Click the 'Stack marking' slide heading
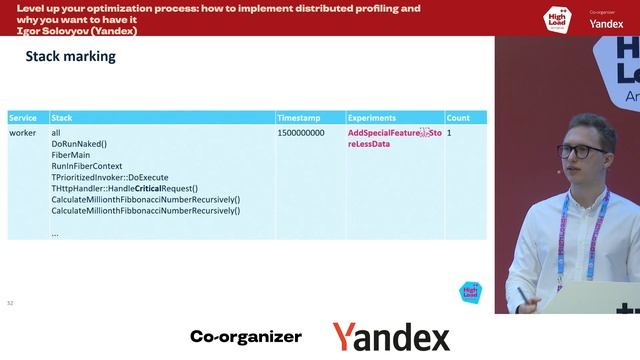[x=70, y=57]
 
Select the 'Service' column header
[x=24, y=118]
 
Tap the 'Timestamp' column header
[x=298, y=118]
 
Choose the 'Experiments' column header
[x=371, y=118]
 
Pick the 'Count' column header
[x=458, y=118]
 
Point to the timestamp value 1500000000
[x=300, y=133]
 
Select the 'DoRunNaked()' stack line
[x=78, y=144]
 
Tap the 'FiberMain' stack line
[x=70, y=155]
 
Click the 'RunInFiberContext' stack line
[x=86, y=166]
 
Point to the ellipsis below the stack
[x=55, y=233]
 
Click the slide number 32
[x=10, y=302]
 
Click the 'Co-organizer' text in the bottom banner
[x=245, y=337]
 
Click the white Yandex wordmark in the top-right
[x=606, y=23]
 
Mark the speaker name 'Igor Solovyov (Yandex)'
[x=78, y=31]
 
